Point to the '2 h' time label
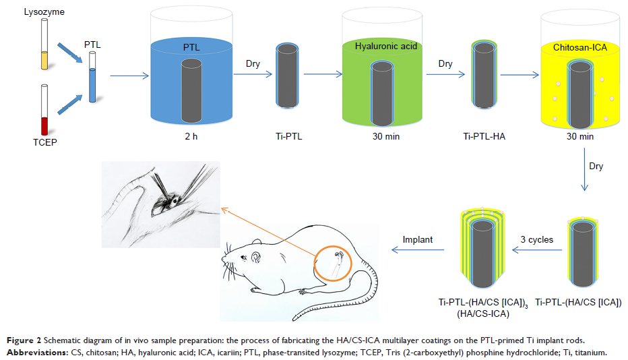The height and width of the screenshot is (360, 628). point(191,136)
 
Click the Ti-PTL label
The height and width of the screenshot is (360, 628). point(290,136)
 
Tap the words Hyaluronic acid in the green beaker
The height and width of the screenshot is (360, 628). point(386,47)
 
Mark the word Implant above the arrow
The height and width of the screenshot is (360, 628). point(418,239)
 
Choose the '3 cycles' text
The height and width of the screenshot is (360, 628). point(537,239)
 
